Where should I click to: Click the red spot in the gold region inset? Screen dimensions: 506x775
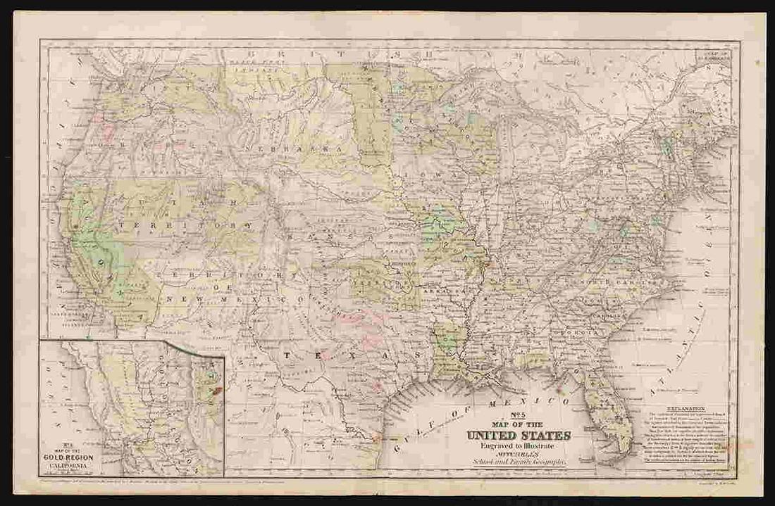coord(216,387)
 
